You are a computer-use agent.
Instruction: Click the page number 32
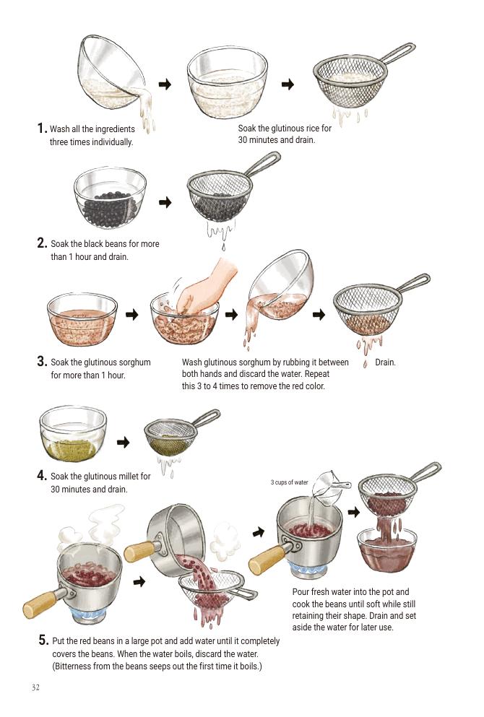[35, 687]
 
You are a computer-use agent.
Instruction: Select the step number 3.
[42, 361]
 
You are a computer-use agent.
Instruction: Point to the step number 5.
[43, 640]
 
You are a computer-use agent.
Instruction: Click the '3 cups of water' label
[289, 482]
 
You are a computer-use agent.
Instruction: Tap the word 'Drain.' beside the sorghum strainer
[385, 362]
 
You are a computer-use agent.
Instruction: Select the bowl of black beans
[110, 198]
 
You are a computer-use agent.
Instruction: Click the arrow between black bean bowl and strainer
[165, 202]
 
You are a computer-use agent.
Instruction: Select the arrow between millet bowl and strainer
[124, 442]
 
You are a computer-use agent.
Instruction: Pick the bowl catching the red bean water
[387, 549]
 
